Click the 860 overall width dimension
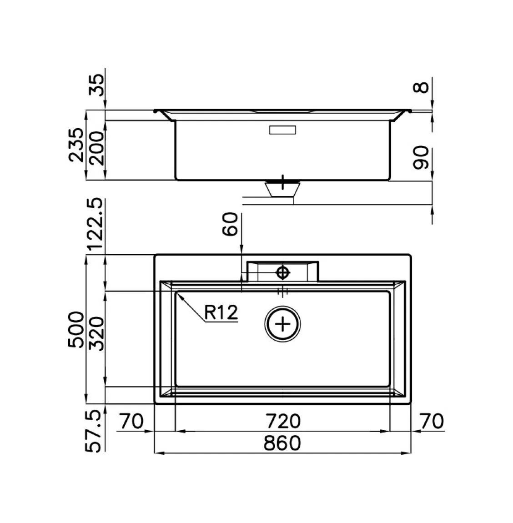pos(282,443)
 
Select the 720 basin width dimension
pos(283,421)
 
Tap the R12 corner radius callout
pos(221,312)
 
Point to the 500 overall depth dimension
pos(76,330)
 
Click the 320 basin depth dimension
pos(97,333)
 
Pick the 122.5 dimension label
pos(96,224)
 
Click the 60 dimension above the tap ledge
pos(230,224)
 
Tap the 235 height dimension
pos(76,145)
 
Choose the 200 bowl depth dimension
pos(97,148)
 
